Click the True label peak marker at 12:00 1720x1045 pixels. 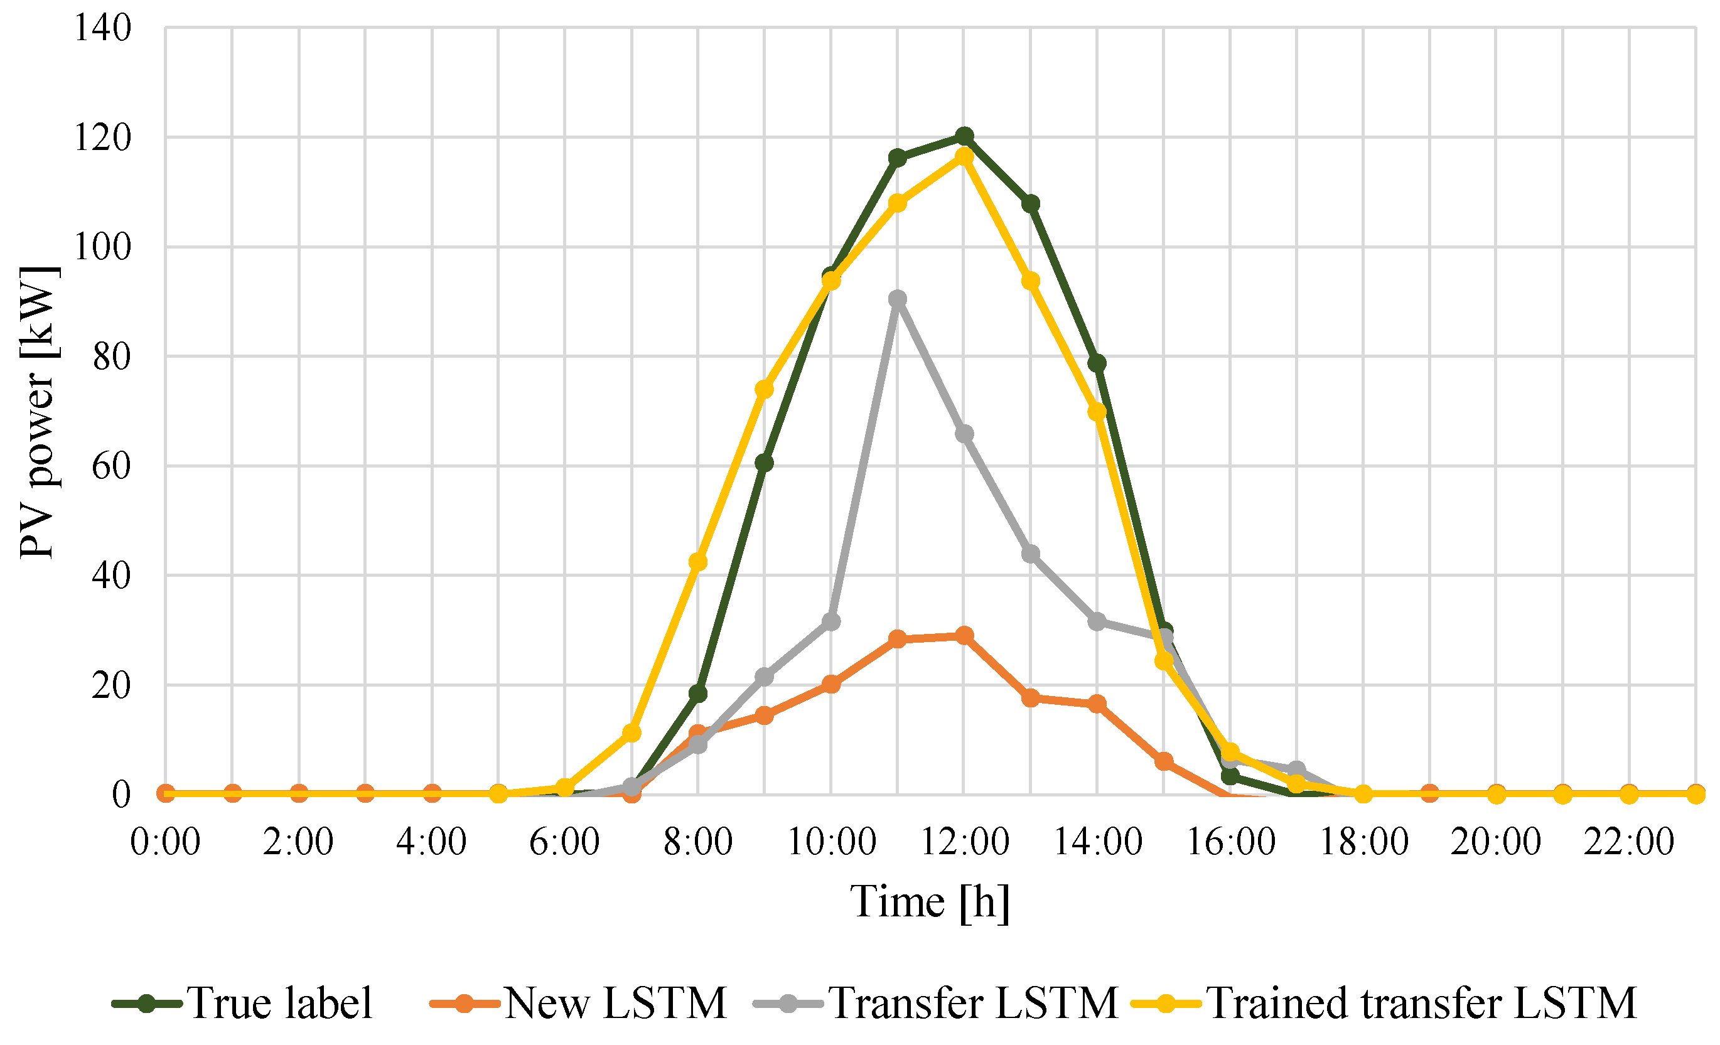click(964, 136)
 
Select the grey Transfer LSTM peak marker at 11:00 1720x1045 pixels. click(898, 299)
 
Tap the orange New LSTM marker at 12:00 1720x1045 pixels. click(964, 635)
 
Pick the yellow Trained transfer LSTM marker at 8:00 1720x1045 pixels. click(698, 562)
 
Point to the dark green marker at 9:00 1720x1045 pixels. click(765, 463)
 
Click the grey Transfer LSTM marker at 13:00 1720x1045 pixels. click(1030, 554)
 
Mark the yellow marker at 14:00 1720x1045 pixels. click(1097, 411)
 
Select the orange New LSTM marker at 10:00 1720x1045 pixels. click(830, 684)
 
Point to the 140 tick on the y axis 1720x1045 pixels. click(102, 29)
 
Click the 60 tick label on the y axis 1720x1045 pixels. click(111, 466)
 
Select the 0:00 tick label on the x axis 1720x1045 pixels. click(166, 841)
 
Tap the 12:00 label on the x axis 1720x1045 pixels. click(965, 841)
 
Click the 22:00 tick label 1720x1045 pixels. click(1629, 841)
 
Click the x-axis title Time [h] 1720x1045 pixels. click(930, 901)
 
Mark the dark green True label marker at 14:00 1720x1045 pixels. click(1097, 363)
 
